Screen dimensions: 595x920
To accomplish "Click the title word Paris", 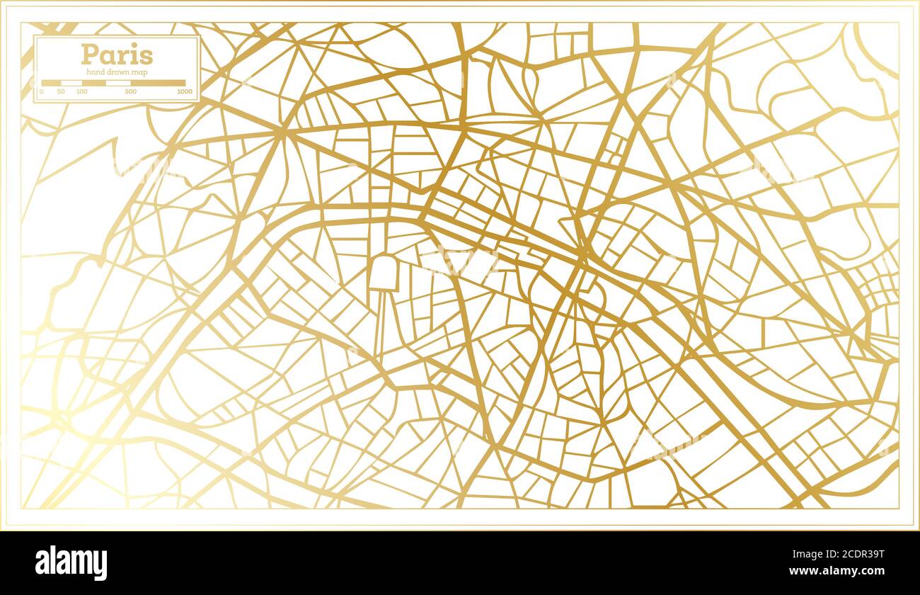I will pyautogui.click(x=117, y=55).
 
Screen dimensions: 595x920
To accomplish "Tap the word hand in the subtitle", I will pyautogui.click(x=95, y=72).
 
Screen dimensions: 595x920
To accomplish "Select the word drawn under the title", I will pyautogui.click(x=117, y=72).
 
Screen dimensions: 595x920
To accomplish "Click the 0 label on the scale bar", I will pyautogui.click(x=41, y=92).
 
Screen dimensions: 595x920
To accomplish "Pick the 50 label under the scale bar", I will pyautogui.click(x=61, y=92).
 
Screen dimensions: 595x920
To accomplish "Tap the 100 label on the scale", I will pyautogui.click(x=82, y=92).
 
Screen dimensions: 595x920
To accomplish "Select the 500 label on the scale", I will pyautogui.click(x=131, y=92).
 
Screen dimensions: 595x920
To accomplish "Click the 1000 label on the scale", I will pyautogui.click(x=185, y=92).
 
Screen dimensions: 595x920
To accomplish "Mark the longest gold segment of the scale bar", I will pyautogui.click(x=158, y=83).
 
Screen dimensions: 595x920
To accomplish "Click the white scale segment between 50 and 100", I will pyautogui.click(x=71, y=83).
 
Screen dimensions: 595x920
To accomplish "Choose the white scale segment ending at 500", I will pyautogui.click(x=118, y=83).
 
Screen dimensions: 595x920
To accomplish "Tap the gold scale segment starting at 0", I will pyautogui.click(x=51, y=83).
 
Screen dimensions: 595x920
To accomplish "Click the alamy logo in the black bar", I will pyautogui.click(x=71, y=563).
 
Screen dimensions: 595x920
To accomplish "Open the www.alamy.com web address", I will pyautogui.click(x=844, y=571).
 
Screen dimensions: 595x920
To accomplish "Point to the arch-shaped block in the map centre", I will pyautogui.click(x=382, y=273).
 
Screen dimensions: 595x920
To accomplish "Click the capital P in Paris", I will pyautogui.click(x=89, y=55).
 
